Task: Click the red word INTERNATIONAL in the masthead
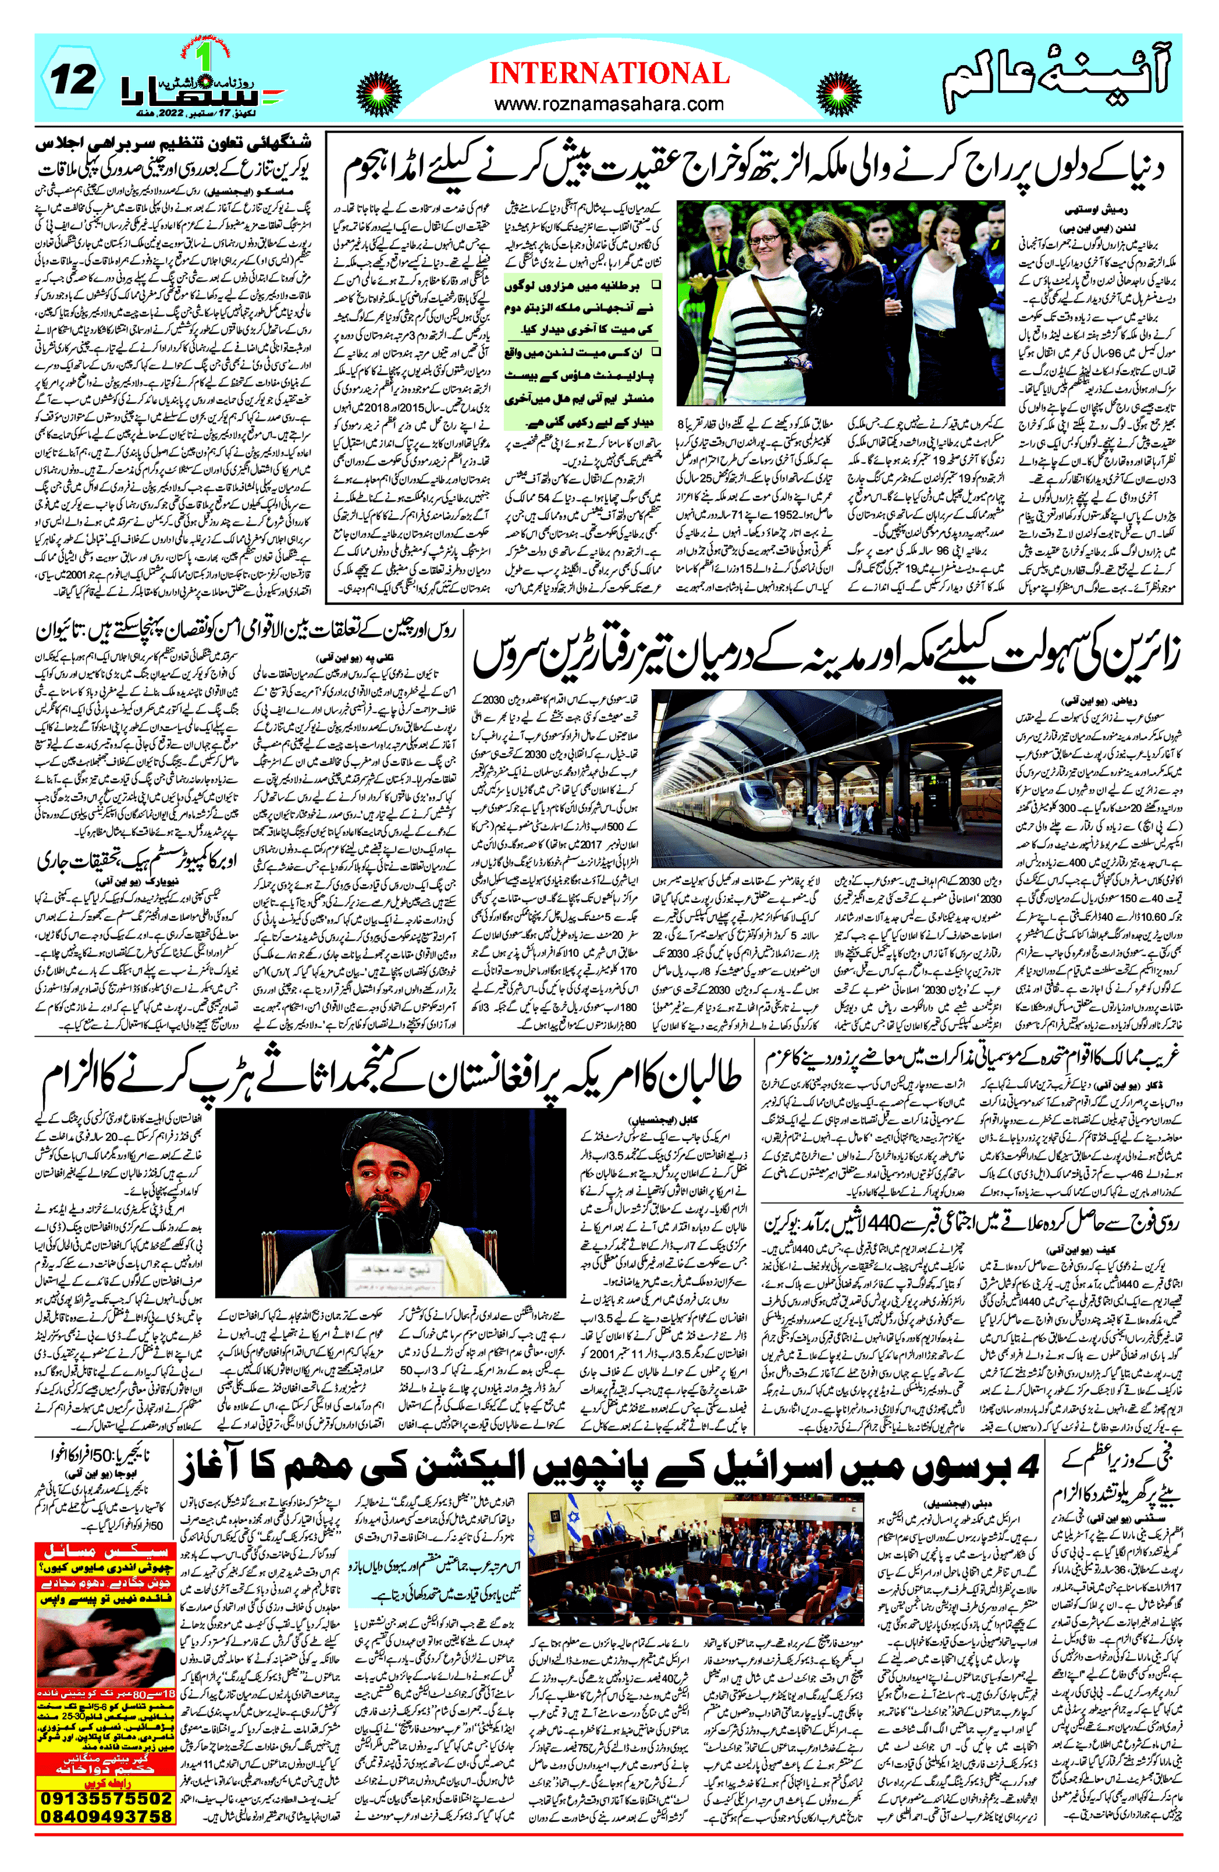610,74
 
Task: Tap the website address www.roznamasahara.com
610,103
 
